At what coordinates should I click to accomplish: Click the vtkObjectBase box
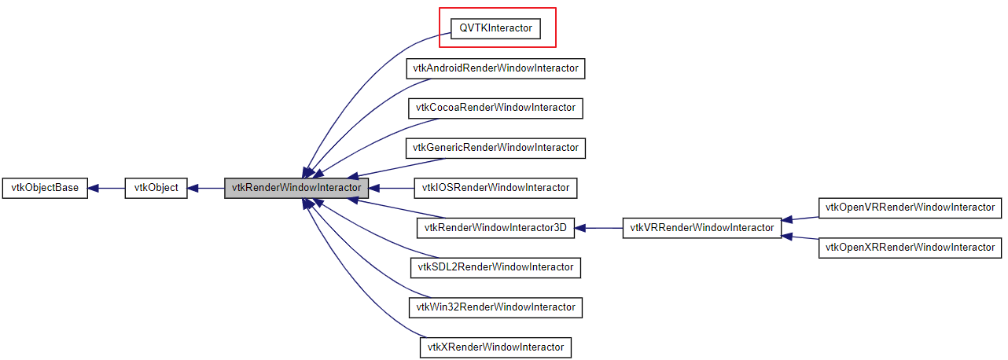[45, 189]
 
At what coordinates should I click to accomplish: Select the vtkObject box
[156, 189]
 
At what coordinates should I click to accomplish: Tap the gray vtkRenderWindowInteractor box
[296, 189]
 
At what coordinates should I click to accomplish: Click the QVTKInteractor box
[496, 28]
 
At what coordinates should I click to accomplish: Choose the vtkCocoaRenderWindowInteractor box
[495, 108]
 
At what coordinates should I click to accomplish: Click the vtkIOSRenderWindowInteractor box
[495, 188]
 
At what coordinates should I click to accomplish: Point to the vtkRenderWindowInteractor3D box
[495, 229]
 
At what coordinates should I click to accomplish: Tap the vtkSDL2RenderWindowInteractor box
[495, 267]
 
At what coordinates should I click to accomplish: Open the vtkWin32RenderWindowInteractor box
[495, 307]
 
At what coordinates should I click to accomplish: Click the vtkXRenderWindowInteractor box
[495, 347]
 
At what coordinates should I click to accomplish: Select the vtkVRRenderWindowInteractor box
[701, 229]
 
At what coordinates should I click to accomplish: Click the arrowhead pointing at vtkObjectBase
[94, 189]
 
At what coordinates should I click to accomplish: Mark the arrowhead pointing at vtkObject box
[193, 189]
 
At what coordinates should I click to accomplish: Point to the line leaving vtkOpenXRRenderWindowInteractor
[802, 239]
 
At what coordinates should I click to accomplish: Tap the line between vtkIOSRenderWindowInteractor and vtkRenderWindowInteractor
[393, 189]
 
